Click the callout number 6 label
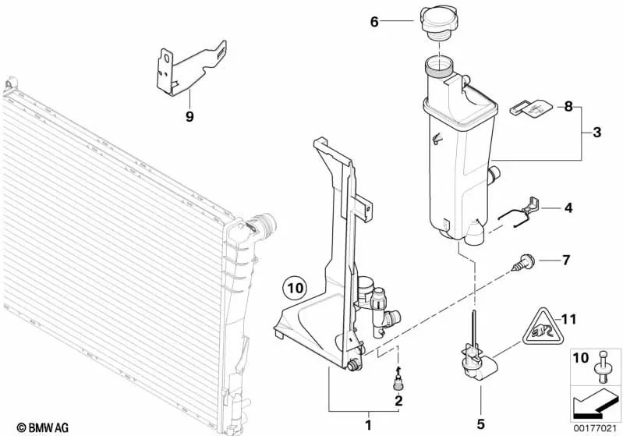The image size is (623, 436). point(373,23)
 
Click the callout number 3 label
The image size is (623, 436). point(596,133)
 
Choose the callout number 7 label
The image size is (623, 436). point(567,257)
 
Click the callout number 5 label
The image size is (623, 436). point(480,423)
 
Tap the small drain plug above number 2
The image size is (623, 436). point(398,383)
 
